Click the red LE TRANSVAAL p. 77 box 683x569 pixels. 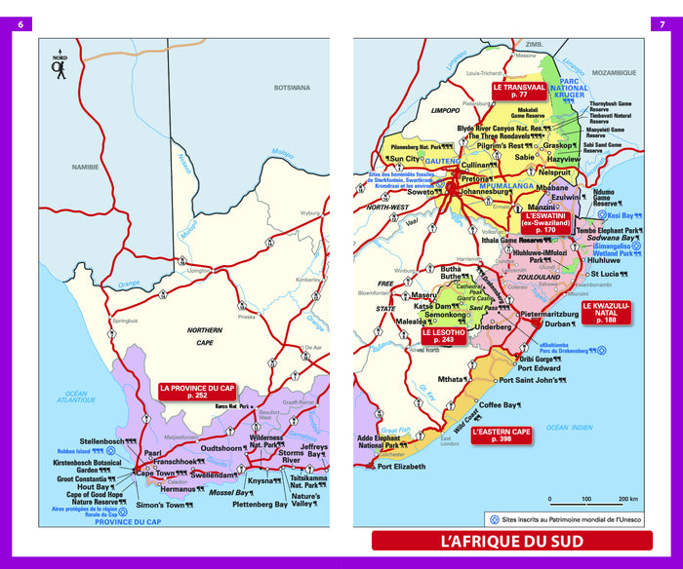[516, 91]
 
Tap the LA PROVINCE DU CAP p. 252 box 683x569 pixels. [197, 392]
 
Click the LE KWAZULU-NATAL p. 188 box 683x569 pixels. [607, 313]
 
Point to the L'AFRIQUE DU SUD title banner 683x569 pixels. [511, 541]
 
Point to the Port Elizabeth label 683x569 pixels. [401, 467]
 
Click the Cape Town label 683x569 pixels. [154, 474]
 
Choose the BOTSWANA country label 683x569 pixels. [291, 88]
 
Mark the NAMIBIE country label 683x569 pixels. [85, 167]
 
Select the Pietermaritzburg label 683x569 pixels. [556, 314]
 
